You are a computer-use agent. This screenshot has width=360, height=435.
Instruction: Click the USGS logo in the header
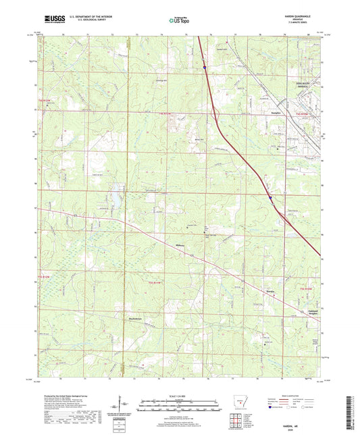point(51,20)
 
